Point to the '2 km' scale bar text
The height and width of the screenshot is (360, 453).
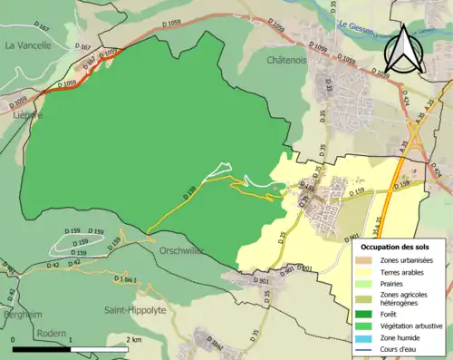134,339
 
